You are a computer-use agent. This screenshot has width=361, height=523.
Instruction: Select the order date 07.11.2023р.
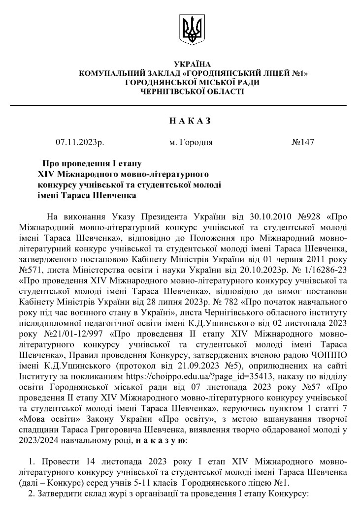tap(80, 143)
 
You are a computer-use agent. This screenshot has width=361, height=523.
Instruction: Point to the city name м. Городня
tap(191, 143)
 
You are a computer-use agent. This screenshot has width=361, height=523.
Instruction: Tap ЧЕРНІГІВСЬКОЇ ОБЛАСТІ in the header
tap(192, 92)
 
